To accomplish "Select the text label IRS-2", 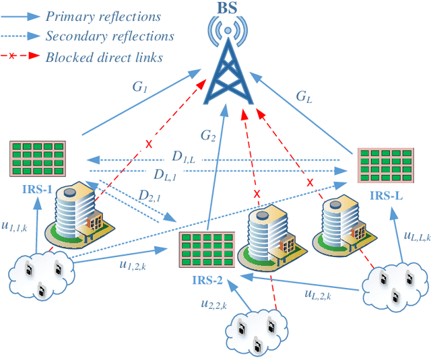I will coord(205,279).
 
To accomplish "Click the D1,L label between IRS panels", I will coord(183,157).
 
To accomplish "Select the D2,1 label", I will coord(150,196).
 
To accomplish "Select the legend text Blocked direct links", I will coord(104,57).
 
